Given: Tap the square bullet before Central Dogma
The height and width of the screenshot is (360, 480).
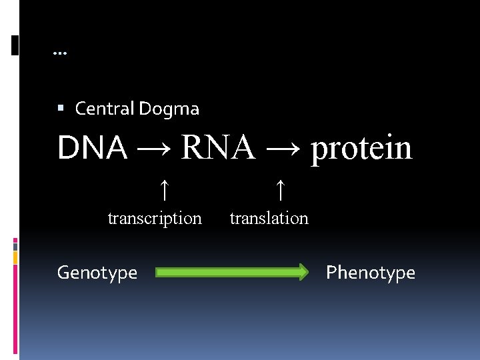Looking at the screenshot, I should (61, 107).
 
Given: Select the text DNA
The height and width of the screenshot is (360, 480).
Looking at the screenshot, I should (92, 148).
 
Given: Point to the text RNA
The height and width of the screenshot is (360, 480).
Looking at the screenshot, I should (217, 148).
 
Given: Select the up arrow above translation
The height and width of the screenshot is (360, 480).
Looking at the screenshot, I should (281, 191).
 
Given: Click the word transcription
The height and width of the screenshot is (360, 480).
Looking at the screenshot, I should (155, 218).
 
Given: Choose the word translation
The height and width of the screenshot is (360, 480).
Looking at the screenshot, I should (269, 218).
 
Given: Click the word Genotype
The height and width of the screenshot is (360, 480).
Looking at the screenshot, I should (97, 273).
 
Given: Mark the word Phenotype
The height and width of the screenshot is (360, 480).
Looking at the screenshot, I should (370, 273).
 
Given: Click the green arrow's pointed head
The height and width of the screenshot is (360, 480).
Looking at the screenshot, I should (303, 271).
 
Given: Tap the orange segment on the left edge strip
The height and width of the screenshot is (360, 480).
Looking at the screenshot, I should (16, 257).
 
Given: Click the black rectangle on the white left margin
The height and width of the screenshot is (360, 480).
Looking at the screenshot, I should (15, 45).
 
